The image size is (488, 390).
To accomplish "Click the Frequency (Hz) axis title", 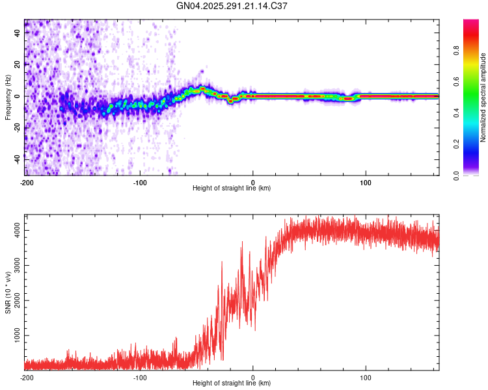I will point(8,97).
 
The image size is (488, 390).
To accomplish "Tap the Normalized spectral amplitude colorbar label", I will point(483,97).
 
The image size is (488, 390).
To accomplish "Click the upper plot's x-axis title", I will point(232,188).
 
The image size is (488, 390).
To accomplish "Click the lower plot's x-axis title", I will point(232,383).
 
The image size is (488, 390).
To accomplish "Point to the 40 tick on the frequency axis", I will point(18,32).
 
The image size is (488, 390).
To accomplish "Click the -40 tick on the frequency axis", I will point(18,159).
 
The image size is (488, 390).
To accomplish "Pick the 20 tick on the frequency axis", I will point(18,64).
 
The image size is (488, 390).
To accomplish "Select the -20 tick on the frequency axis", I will point(18,127).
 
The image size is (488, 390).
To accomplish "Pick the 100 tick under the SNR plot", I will point(366,377).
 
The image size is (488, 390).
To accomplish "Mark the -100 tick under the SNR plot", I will point(140,377).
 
